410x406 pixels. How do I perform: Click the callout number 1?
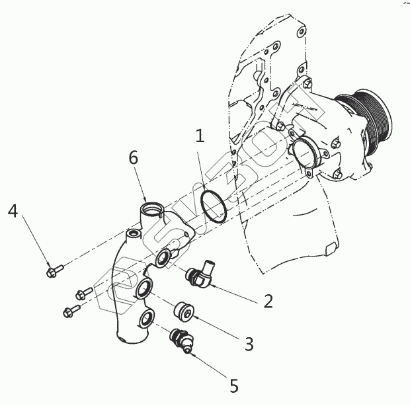click(200, 138)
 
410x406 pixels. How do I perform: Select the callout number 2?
click(268, 302)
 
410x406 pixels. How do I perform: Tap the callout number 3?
click(249, 344)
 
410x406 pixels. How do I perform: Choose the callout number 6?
click(133, 159)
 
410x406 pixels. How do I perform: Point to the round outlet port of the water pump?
click(306, 155)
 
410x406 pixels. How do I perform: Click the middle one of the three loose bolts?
click(83, 293)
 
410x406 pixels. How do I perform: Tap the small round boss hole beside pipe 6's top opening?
click(134, 233)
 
